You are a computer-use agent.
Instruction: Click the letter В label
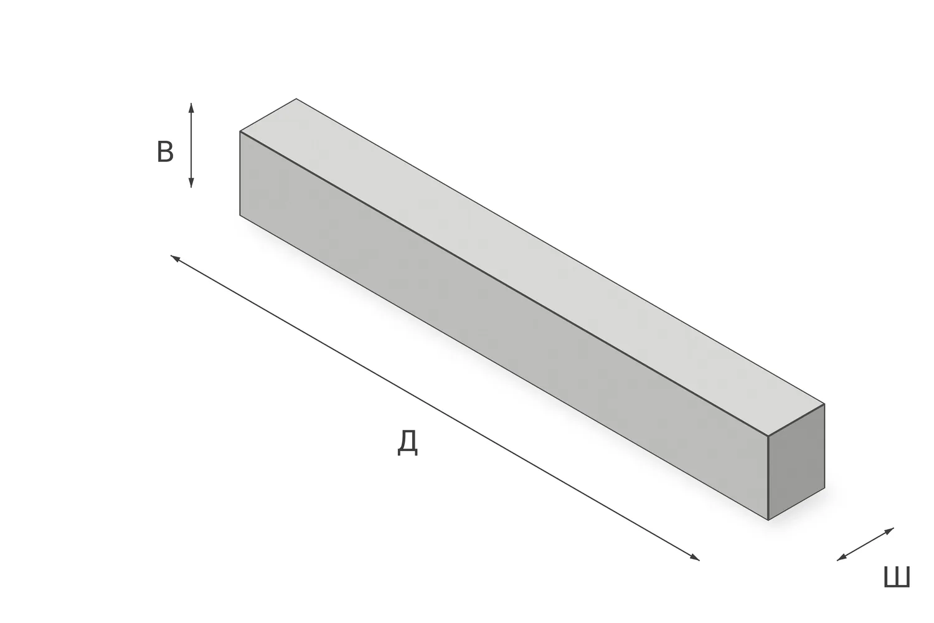(165, 152)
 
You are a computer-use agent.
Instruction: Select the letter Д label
(407, 444)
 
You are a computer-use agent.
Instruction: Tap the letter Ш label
(896, 577)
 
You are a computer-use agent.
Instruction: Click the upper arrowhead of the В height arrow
(191, 107)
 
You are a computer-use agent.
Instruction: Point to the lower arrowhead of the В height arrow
(191, 183)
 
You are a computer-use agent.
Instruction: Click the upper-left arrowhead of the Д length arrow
(175, 259)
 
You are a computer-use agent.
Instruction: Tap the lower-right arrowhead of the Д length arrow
(695, 558)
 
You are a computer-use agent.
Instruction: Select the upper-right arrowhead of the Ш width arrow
(889, 530)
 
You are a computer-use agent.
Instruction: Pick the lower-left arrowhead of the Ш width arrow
(841, 558)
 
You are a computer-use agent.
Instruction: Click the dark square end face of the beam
(796, 462)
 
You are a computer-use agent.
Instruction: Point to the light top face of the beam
(532, 267)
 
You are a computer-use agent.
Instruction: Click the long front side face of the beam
(504, 326)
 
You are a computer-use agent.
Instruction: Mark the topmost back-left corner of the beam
(296, 99)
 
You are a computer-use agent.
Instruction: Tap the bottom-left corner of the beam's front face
(240, 216)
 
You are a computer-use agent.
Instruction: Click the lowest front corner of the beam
(768, 520)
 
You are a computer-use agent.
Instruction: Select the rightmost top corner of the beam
(824, 404)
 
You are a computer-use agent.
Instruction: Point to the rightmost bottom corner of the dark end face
(824, 488)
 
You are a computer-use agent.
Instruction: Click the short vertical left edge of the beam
(240, 174)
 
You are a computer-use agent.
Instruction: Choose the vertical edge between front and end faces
(768, 478)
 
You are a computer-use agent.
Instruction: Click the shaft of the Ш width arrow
(866, 544)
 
